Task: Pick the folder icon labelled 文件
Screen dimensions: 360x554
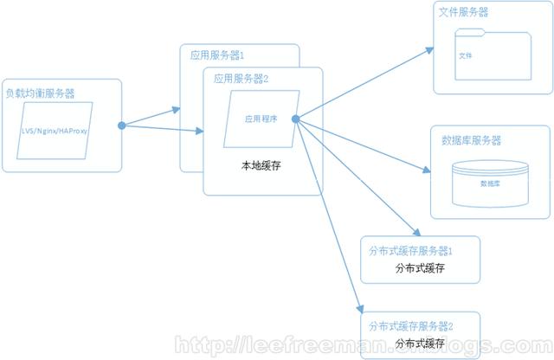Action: pyautogui.click(x=493, y=56)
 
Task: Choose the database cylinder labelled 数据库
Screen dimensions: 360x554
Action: pyautogui.click(x=490, y=183)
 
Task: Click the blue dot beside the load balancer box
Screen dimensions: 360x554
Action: pyautogui.click(x=122, y=126)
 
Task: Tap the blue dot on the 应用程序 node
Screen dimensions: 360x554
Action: pyautogui.click(x=296, y=119)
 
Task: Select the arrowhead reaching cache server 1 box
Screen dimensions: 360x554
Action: pyautogui.click(x=417, y=235)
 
